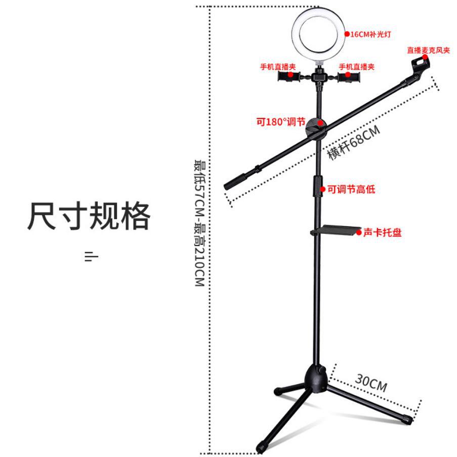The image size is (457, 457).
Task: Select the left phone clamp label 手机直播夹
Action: point(278,67)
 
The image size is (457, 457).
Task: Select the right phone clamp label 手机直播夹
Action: point(356,67)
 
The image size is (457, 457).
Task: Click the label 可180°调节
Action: point(280,122)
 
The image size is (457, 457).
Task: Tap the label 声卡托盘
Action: point(382,233)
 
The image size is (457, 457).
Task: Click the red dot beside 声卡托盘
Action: point(359,233)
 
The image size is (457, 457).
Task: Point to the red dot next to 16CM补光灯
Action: point(347,34)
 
